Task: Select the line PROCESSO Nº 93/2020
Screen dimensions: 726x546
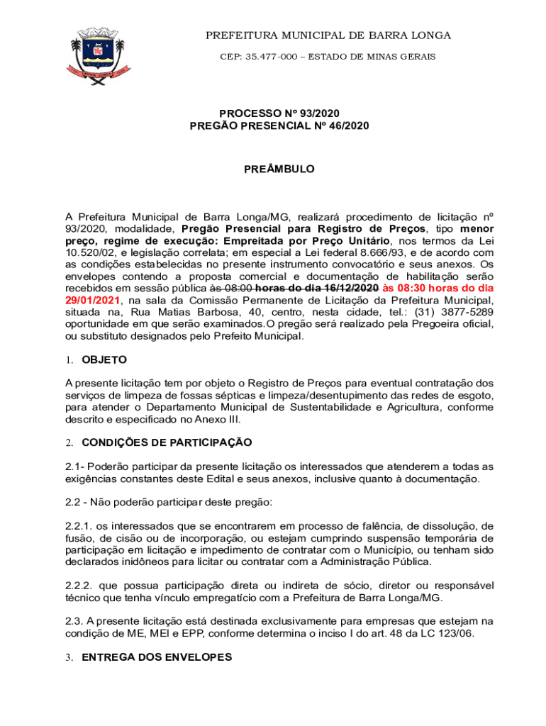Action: point(279,113)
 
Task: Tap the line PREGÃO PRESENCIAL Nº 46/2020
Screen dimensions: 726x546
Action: point(279,125)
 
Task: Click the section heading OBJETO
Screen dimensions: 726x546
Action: point(104,359)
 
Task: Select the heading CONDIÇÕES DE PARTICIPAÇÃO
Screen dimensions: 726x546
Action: point(167,442)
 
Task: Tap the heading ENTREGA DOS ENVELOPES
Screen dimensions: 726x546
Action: point(157,657)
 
